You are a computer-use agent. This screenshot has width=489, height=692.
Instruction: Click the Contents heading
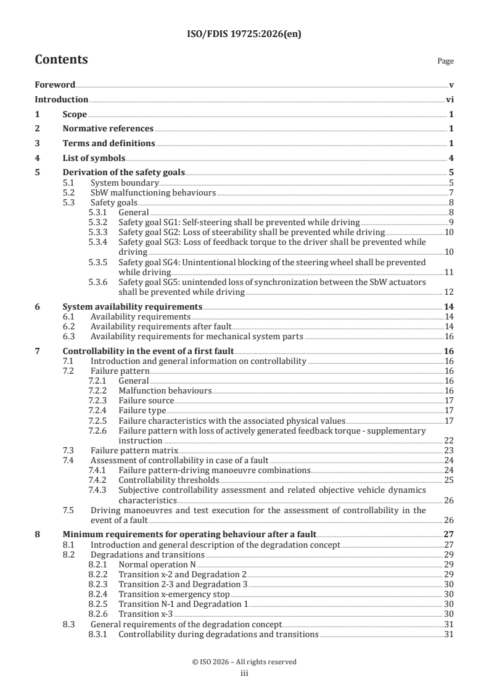(x=61, y=60)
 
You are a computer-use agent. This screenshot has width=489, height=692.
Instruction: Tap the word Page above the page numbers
(x=445, y=62)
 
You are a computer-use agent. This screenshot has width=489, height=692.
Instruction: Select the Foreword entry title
(x=55, y=84)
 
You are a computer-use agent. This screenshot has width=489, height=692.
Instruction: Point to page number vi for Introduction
(x=450, y=99)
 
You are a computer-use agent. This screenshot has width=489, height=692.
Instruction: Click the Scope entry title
(x=75, y=114)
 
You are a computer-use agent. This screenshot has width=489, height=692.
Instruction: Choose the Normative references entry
(x=108, y=128)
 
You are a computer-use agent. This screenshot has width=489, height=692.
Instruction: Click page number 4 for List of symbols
(x=451, y=158)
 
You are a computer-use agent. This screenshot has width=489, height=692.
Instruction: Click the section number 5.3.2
(x=99, y=221)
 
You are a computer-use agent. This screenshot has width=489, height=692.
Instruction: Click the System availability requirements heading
(x=132, y=307)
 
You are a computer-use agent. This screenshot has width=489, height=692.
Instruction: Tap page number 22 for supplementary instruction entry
(x=449, y=441)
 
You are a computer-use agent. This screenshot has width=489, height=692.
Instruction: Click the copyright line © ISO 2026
(x=244, y=662)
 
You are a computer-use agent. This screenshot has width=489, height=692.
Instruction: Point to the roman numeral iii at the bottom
(x=244, y=673)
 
